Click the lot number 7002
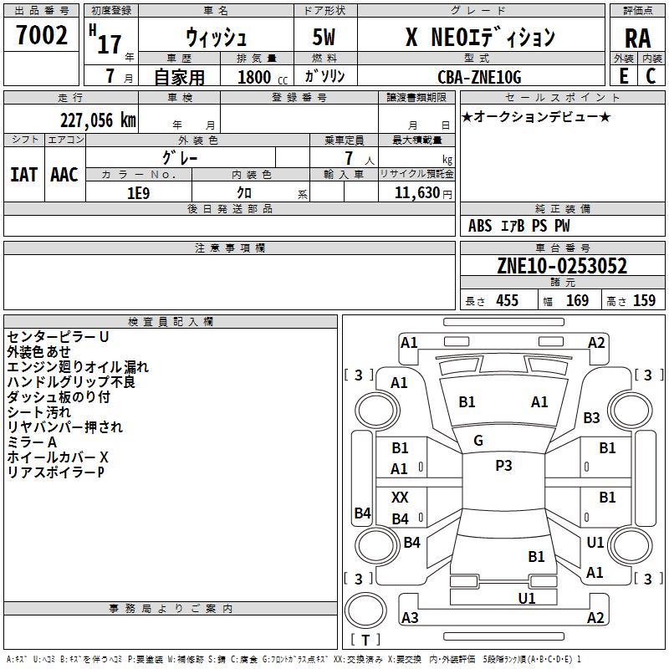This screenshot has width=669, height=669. tap(42, 35)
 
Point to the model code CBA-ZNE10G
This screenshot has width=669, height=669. tap(479, 77)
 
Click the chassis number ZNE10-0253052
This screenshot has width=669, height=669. tap(562, 267)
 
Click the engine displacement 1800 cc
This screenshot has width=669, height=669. tap(258, 77)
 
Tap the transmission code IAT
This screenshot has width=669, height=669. tap(23, 174)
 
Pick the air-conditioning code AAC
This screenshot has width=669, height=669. tap(64, 174)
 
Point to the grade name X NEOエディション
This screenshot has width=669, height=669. tap(480, 38)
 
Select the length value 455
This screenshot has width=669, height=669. tap(507, 300)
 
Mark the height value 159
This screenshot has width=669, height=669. tap(644, 300)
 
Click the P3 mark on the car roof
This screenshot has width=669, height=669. tap(503, 466)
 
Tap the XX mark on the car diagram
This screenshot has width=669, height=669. tap(400, 498)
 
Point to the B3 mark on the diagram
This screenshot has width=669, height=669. tap(592, 417)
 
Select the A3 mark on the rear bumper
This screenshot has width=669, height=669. tap(410, 618)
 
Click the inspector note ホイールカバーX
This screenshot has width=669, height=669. tap(58, 457)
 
